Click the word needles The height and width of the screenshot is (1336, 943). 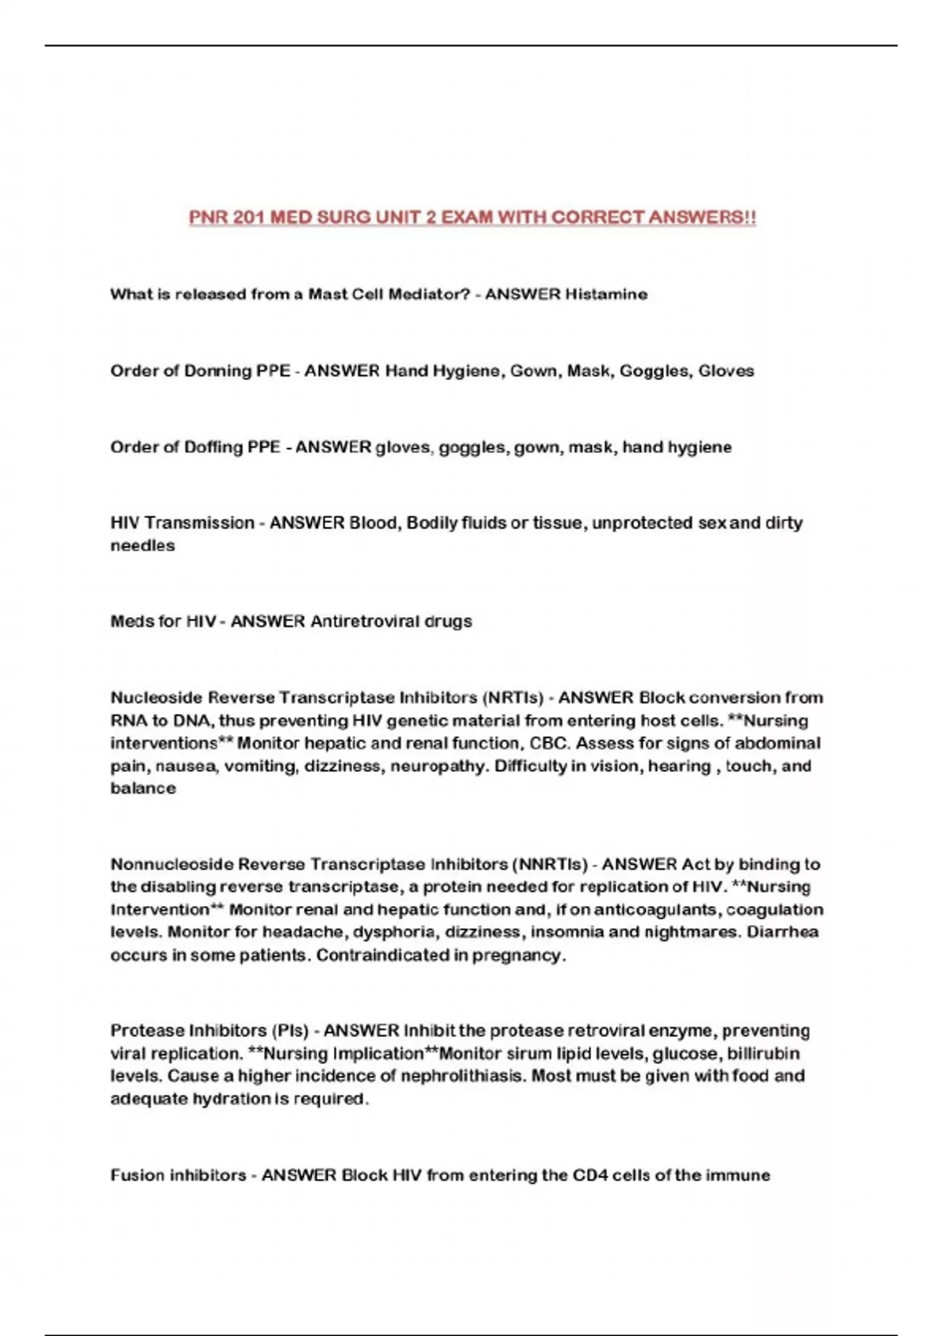click(142, 545)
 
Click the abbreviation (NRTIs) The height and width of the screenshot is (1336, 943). click(513, 698)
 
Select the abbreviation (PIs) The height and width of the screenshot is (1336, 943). click(290, 1030)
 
